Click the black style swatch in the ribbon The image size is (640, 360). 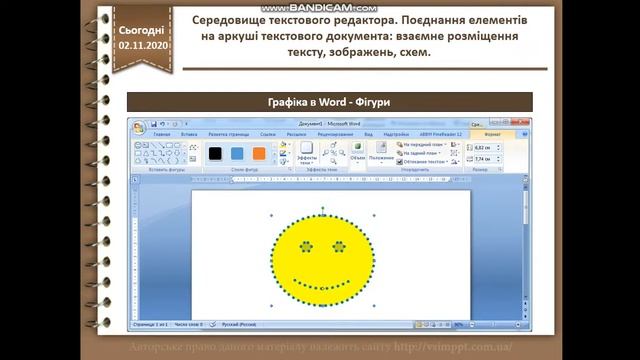(214, 153)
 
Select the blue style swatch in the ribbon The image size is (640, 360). (237, 153)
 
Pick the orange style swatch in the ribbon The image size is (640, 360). (260, 153)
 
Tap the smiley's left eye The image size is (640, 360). (305, 246)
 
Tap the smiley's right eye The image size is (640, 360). (338, 246)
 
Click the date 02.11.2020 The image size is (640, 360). (144, 45)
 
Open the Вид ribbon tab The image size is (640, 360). (368, 133)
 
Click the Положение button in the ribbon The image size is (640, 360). (381, 157)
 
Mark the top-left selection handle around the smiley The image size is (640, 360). (271, 214)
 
